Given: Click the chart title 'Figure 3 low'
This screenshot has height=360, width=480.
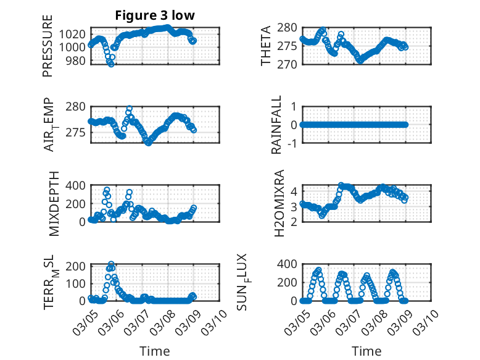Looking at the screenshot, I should click(x=155, y=15).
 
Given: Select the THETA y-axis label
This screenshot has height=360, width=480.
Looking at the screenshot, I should click(x=266, y=46).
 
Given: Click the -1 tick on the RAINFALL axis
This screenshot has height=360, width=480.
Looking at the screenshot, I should click(x=293, y=143).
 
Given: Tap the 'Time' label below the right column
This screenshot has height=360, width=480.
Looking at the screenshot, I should click(x=366, y=351).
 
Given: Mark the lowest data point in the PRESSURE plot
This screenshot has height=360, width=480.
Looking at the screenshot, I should click(x=111, y=64).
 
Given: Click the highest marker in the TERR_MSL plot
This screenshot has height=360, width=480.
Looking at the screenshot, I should click(x=111, y=264).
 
